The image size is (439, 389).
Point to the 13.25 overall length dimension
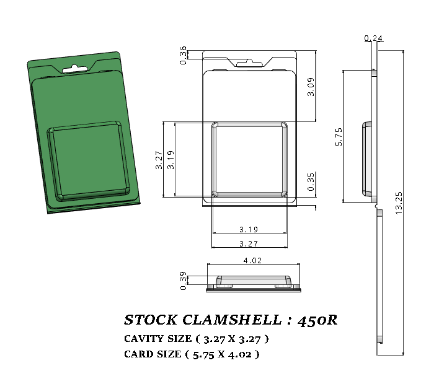(399, 203)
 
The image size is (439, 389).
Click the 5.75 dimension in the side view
(339, 136)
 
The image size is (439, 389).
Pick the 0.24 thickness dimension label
(373, 38)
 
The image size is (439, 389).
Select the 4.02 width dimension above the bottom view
(252, 261)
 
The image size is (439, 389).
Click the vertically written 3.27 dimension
(159, 160)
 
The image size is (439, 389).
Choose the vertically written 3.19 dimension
(171, 160)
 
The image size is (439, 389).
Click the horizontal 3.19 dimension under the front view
(249, 229)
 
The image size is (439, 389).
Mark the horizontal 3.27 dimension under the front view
(249, 243)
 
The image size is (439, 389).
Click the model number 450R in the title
(317, 320)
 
